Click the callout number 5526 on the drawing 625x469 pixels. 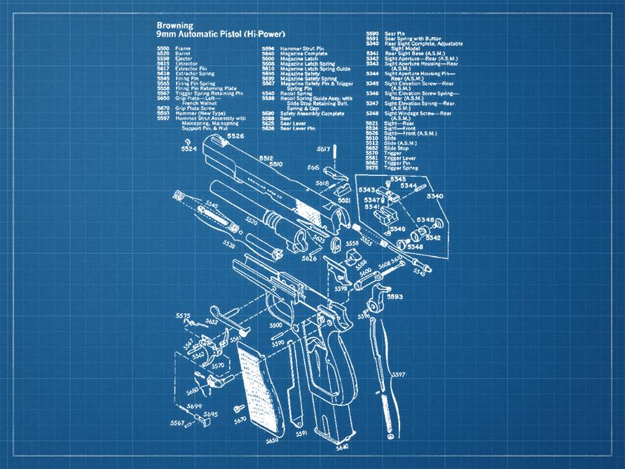point(235,136)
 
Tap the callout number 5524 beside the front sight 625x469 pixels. point(188,149)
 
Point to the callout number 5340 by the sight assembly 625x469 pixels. point(434,196)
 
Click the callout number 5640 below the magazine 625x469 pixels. point(343,447)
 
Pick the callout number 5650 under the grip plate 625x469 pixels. point(272,441)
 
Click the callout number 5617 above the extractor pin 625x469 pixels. point(323,149)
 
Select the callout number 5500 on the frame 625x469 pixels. point(275,325)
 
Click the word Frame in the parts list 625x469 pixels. point(183,48)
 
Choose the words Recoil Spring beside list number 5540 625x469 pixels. point(296,93)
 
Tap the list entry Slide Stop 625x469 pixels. point(397,149)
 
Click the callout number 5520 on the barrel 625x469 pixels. point(252,222)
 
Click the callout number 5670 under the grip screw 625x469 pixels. point(240,421)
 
